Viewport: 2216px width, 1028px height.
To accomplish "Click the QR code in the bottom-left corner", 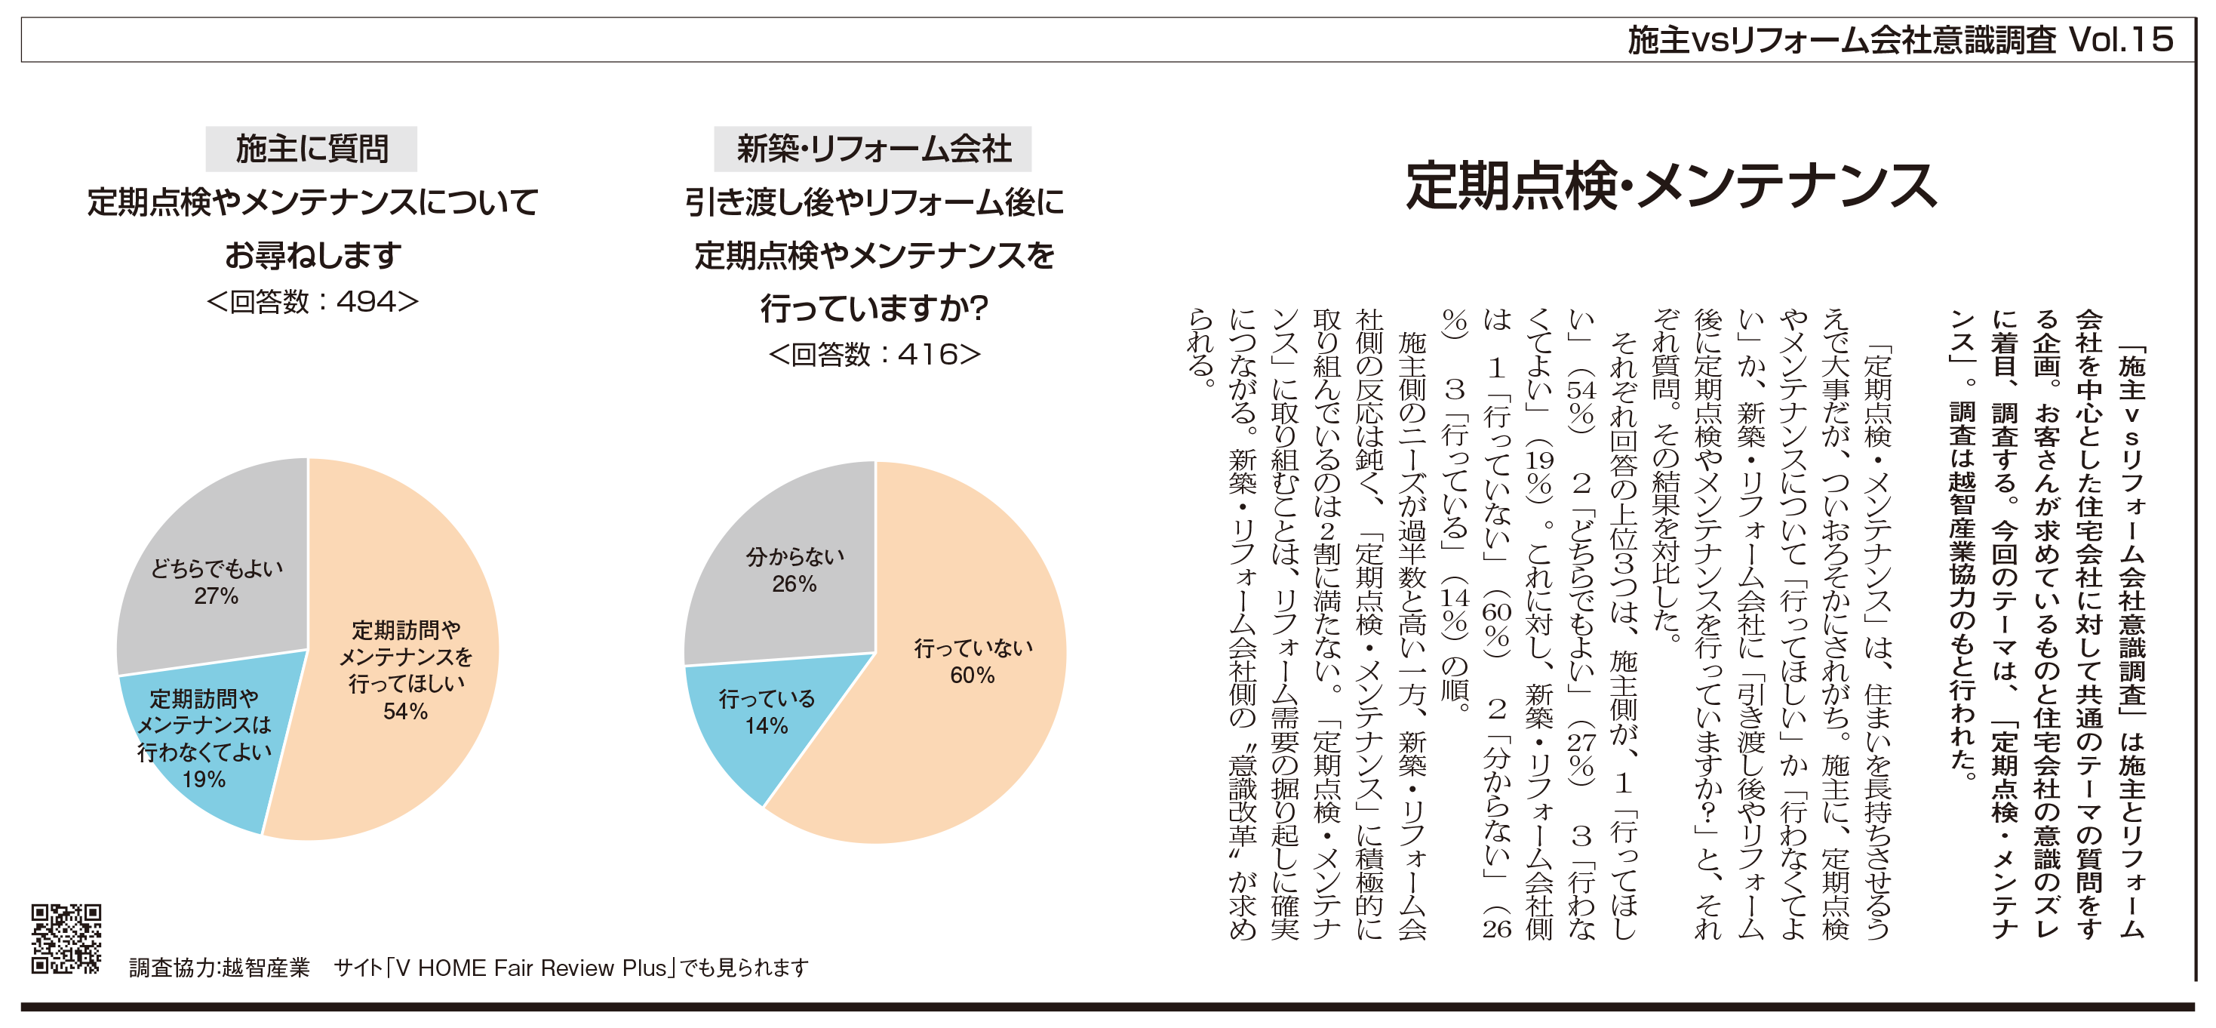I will [x=66, y=937].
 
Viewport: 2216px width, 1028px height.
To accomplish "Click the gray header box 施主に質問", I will [x=312, y=149].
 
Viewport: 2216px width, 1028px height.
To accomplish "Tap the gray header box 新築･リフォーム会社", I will [x=873, y=149].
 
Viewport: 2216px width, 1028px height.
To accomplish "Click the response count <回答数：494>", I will [x=312, y=301].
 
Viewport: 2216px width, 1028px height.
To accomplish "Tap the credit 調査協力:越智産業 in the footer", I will [x=220, y=968].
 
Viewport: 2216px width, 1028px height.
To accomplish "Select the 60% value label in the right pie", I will [x=972, y=676].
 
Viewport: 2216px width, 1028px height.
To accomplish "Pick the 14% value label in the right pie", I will [x=767, y=726].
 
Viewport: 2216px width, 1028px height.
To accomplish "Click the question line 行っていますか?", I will [x=874, y=307].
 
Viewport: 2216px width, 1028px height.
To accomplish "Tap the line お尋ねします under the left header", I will [x=312, y=254].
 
